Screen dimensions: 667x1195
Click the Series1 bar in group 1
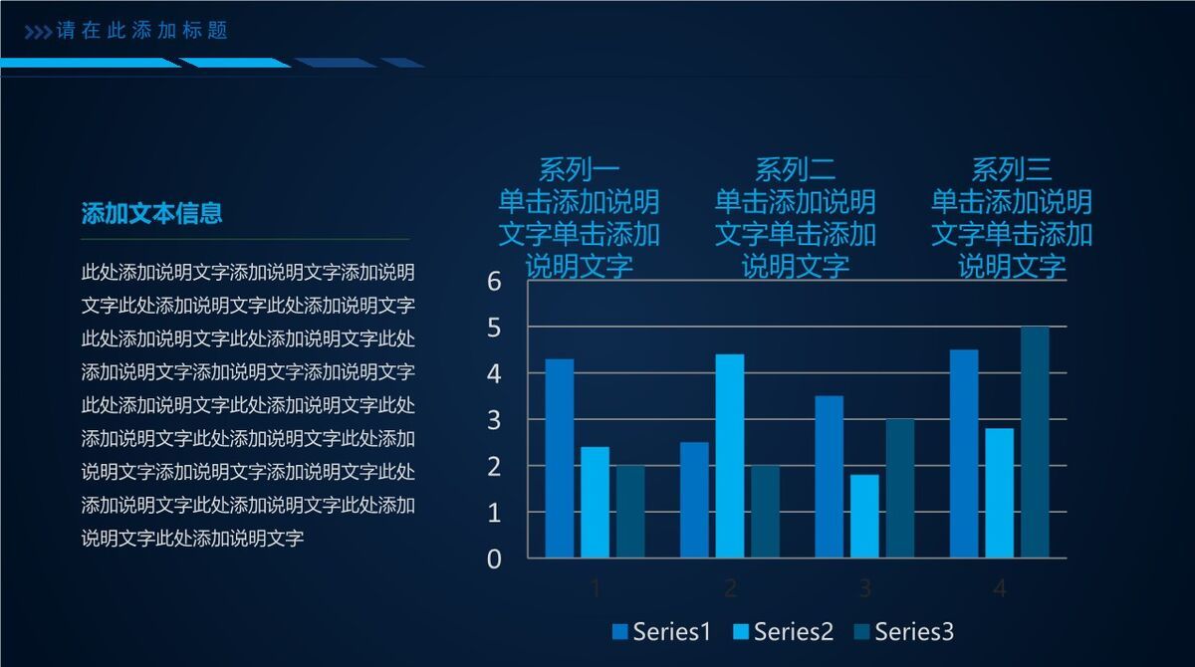point(560,458)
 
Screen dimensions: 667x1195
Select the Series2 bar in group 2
point(730,455)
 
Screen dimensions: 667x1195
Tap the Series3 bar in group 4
point(1035,442)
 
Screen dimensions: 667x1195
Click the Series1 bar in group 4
point(964,453)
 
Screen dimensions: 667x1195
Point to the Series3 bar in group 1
point(630,511)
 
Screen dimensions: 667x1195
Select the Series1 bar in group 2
point(694,500)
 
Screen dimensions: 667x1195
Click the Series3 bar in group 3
point(900,488)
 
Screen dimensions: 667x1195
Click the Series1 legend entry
point(661,631)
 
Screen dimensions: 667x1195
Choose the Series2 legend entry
point(783,631)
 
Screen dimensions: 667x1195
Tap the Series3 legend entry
point(903,631)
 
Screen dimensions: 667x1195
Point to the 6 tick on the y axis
point(495,282)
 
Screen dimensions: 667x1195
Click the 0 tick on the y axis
point(495,559)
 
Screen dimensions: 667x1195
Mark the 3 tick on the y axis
point(495,420)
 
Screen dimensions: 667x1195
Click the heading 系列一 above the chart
point(579,169)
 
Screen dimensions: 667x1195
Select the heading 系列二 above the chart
point(795,169)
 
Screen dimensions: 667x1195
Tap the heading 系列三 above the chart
point(1011,169)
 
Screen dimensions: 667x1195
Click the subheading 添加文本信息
point(151,213)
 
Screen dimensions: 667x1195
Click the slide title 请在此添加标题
point(142,31)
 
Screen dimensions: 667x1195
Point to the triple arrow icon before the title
point(38,32)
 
